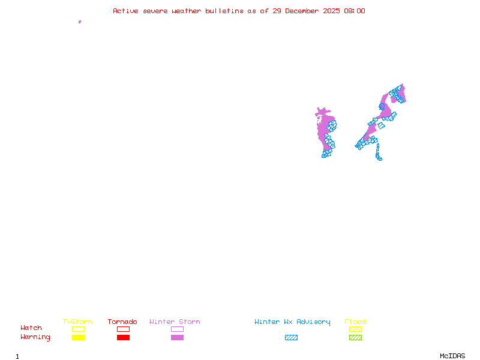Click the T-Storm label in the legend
(77, 322)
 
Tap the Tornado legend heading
(122, 322)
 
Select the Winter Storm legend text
(175, 322)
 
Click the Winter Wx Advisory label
(292, 322)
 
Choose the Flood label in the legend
(355, 322)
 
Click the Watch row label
(31, 328)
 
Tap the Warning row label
(35, 337)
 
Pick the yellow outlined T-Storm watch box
(78, 329)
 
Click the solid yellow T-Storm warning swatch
(78, 338)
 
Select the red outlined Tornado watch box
(123, 329)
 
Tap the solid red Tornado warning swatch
(123, 338)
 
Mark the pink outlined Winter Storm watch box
(177, 329)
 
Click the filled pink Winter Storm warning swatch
(177, 338)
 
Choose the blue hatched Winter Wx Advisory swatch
(291, 338)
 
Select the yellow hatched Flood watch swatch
(355, 329)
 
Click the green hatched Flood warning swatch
(355, 338)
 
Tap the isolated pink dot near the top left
(79, 22)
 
